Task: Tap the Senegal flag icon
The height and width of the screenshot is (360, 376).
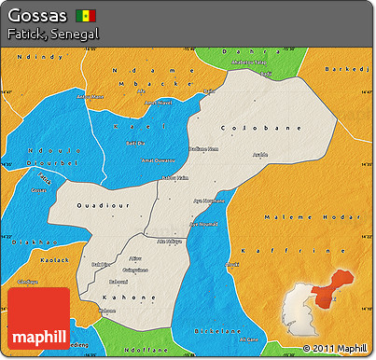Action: tap(87, 17)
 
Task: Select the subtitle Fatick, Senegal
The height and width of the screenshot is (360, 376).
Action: tap(51, 34)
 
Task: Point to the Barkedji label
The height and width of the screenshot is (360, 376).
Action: tap(353, 68)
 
